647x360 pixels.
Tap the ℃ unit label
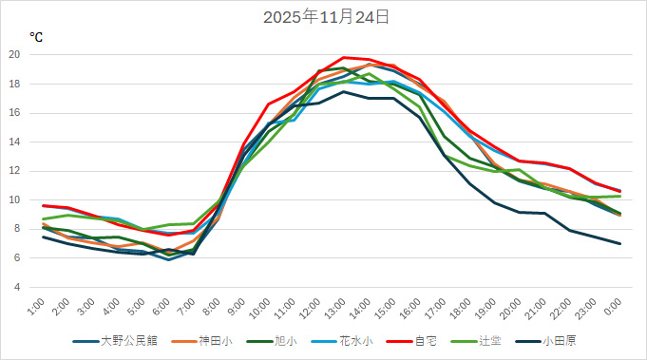coord(36,37)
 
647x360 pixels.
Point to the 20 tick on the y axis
coord(14,54)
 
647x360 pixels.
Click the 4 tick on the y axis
coord(16,287)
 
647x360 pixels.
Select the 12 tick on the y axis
coord(14,171)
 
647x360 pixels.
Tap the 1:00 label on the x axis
coord(36,310)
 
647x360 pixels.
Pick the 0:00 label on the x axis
coord(613,310)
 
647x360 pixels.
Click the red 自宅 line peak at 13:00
coord(344,57)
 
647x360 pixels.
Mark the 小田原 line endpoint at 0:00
coord(619,244)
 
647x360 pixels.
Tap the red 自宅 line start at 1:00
coord(43,205)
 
